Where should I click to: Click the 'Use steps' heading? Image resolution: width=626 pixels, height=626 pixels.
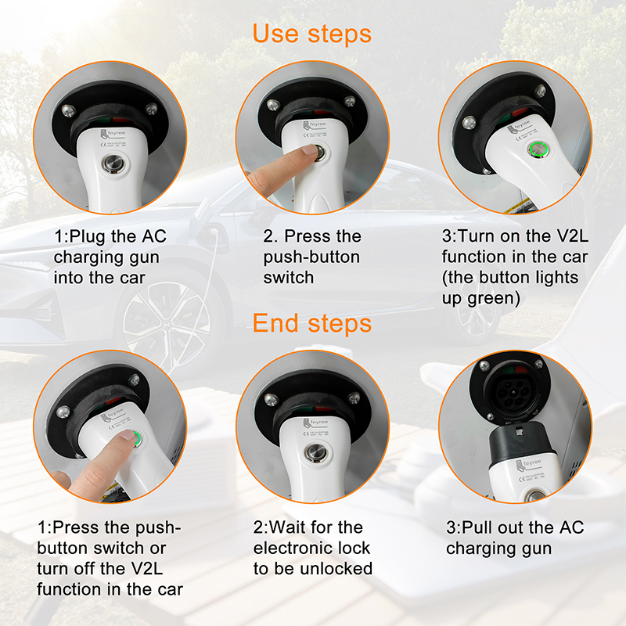click(311, 34)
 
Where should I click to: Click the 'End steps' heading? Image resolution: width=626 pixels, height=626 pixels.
click(311, 323)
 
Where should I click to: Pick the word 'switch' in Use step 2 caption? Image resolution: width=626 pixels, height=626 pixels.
click(290, 277)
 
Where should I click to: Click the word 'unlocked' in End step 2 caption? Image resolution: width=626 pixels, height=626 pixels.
click(335, 568)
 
